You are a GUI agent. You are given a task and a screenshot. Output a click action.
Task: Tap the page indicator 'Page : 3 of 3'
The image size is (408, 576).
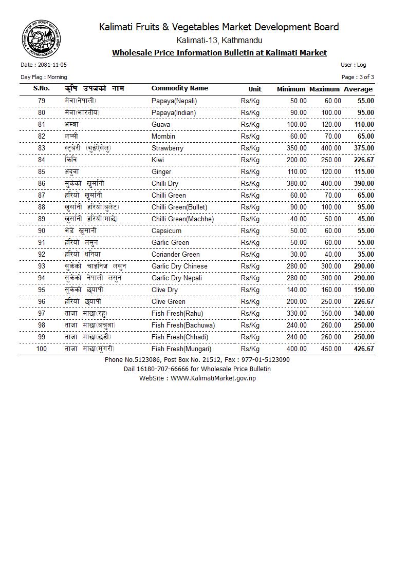(x=358, y=77)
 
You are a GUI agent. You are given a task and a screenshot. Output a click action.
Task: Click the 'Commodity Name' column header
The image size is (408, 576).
(x=180, y=88)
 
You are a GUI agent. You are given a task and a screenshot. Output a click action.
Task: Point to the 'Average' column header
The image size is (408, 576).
(x=358, y=89)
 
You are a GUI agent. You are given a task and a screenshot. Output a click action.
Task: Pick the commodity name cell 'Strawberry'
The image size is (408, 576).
(x=168, y=148)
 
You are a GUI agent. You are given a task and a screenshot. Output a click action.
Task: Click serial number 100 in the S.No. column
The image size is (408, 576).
(x=42, y=349)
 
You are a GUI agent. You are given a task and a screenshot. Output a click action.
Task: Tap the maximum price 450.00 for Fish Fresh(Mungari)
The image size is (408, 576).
(x=330, y=349)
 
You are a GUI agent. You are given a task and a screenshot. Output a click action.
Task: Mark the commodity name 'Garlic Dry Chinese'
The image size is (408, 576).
(x=179, y=266)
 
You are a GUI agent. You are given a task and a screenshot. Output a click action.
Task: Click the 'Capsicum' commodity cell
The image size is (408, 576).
(x=166, y=231)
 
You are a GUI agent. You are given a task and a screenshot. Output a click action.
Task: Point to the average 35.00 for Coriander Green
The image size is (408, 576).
(x=365, y=255)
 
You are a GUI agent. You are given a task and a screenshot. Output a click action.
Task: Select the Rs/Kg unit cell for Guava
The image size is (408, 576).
(x=250, y=125)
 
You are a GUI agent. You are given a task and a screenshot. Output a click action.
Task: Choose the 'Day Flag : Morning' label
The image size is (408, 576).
(x=44, y=77)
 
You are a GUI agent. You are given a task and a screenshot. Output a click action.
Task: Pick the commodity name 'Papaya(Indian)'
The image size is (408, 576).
(x=174, y=113)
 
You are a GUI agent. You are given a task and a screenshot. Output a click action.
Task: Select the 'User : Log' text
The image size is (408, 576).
(x=353, y=65)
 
